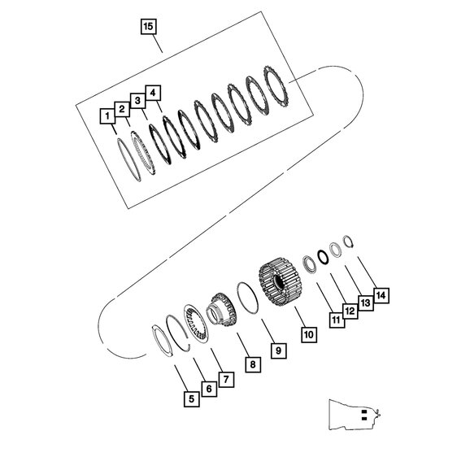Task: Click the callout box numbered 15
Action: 147,27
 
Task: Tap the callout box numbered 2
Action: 121,108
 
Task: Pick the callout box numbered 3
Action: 137,100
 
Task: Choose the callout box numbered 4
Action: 152,92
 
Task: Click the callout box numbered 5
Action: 190,399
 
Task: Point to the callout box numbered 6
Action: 208,390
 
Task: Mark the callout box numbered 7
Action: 227,379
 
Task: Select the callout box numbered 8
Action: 253,365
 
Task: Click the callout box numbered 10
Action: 308,333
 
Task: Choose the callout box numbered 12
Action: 350,311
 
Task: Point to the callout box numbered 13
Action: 364,302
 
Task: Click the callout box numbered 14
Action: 380,293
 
